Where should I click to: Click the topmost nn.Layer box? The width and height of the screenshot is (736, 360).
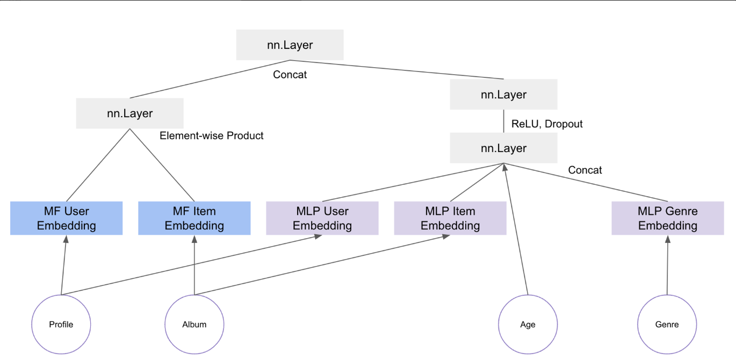pyautogui.click(x=290, y=45)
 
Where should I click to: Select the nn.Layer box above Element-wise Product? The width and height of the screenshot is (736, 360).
pyautogui.click(x=129, y=113)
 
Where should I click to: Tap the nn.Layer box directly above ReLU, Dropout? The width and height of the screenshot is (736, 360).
pyautogui.click(x=503, y=95)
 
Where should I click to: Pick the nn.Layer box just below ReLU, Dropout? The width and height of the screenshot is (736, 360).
pyautogui.click(x=503, y=148)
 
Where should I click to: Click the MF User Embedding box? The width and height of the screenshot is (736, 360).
pyautogui.click(x=66, y=218)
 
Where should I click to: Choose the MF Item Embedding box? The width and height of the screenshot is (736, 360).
pyautogui.click(x=194, y=218)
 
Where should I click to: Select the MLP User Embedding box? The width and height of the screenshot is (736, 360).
pyautogui.click(x=322, y=218)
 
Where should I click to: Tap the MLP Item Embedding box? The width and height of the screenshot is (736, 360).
pyautogui.click(x=450, y=218)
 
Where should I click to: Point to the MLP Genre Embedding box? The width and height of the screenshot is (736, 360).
pyautogui.click(x=667, y=218)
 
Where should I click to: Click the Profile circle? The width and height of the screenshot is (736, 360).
pyautogui.click(x=61, y=325)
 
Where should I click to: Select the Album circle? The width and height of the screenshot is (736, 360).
pyautogui.click(x=194, y=325)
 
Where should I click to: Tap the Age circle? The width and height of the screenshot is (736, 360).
pyautogui.click(x=528, y=325)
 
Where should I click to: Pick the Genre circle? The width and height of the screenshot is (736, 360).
pyautogui.click(x=667, y=325)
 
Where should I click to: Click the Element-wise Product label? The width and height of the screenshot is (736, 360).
pyautogui.click(x=212, y=136)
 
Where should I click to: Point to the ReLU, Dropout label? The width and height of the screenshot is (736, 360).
pyautogui.click(x=547, y=124)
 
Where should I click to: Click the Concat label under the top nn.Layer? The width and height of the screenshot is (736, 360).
pyautogui.click(x=290, y=75)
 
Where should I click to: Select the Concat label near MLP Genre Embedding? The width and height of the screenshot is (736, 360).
pyautogui.click(x=585, y=170)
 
